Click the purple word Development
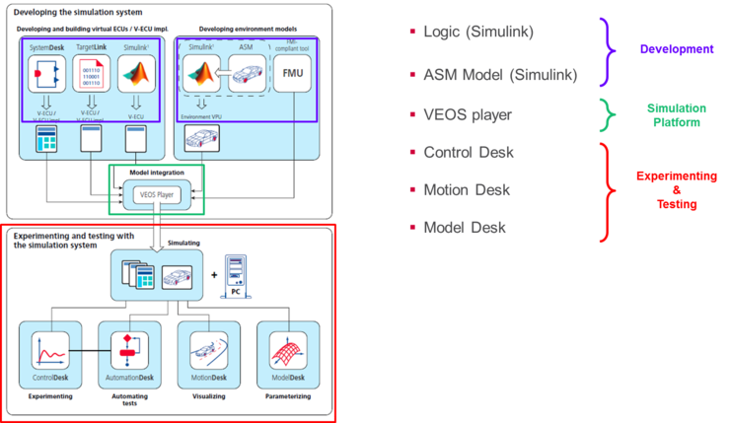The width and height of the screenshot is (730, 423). click(675, 48)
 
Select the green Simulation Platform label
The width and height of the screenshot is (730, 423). click(675, 115)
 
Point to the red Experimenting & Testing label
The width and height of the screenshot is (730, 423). click(676, 189)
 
